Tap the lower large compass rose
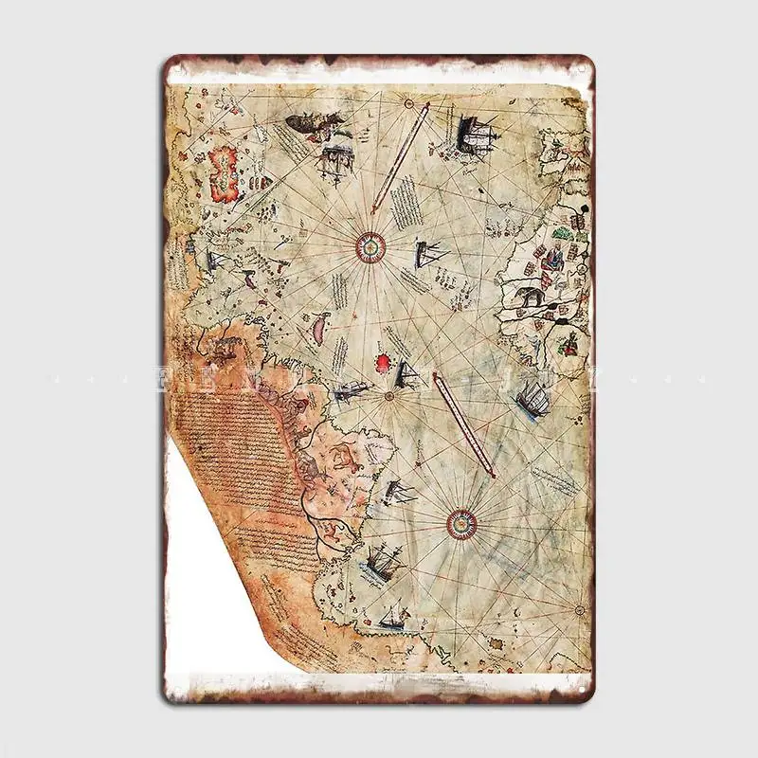pyautogui.click(x=461, y=519)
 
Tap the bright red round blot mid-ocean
pyautogui.click(x=384, y=361)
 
